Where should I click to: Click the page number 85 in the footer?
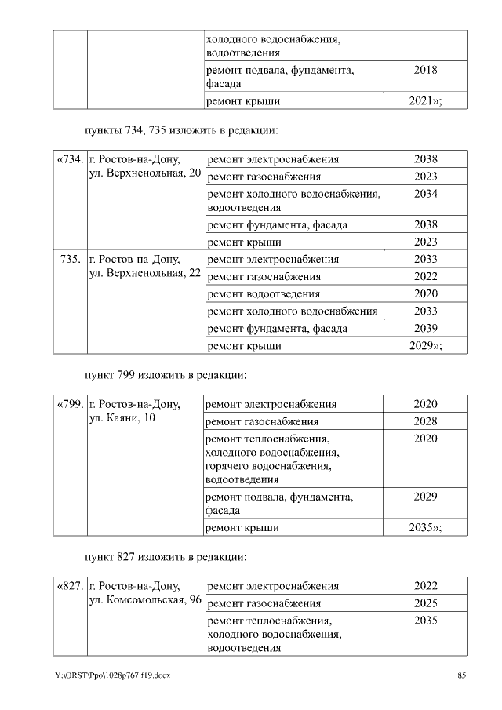click(x=461, y=675)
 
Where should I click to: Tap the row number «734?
click(x=70, y=159)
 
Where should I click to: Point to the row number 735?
click(x=70, y=259)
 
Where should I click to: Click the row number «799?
click(x=70, y=404)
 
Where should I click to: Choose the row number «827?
click(x=70, y=586)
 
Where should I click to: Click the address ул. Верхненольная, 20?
click(x=145, y=173)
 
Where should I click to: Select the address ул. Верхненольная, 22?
click(x=145, y=272)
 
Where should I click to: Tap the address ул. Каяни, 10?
click(x=122, y=417)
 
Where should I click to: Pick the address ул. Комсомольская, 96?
click(x=146, y=599)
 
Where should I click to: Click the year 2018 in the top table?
click(x=425, y=70)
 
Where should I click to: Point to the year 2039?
click(x=425, y=328)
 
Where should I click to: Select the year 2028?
click(x=425, y=422)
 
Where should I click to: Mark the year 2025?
click(x=425, y=603)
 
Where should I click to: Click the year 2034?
click(x=425, y=194)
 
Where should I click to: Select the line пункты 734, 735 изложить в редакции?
click(x=182, y=129)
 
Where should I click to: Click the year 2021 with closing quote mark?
click(x=426, y=101)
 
